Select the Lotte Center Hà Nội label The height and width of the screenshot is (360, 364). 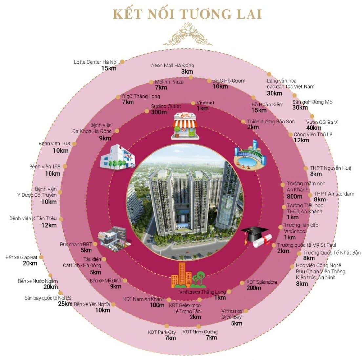click(96, 62)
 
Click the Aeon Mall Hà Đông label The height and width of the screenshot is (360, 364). click(172, 66)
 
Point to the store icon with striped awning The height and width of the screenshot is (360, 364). click(185, 126)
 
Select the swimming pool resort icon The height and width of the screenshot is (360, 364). click(250, 155)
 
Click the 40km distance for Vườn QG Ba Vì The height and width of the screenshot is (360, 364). click(313, 128)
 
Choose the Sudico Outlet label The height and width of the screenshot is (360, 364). click(166, 106)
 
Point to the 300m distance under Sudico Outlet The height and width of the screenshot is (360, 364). click(159, 112)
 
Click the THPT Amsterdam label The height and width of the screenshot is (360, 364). click(334, 194)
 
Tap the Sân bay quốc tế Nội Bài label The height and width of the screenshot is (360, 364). click(49, 298)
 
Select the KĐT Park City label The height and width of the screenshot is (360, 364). click(162, 332)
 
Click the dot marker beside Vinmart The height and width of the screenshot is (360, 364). click(193, 103)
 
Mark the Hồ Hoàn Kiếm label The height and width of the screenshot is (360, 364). click(267, 104)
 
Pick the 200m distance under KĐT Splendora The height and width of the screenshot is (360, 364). click(254, 288)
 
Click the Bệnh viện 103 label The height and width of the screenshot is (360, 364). click(54, 143)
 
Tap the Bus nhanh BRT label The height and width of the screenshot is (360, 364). click(76, 244)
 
